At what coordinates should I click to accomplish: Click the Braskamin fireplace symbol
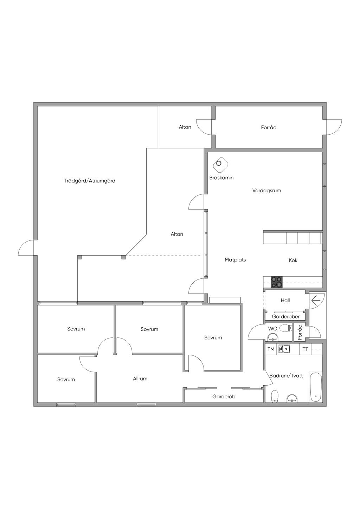(x=220, y=164)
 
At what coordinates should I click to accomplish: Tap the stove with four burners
(x=276, y=282)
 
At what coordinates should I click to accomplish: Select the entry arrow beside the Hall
(x=315, y=301)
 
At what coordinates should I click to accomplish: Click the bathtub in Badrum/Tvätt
(x=315, y=387)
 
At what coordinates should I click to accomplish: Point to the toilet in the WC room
(x=286, y=328)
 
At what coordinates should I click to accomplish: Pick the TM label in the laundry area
(x=271, y=349)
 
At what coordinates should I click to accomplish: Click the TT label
(x=305, y=349)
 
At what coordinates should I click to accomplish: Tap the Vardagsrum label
(x=266, y=191)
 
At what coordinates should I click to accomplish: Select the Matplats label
(x=235, y=260)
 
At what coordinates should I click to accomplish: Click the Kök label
(x=293, y=260)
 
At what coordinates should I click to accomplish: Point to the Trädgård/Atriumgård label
(x=90, y=181)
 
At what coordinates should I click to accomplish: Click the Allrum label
(x=140, y=379)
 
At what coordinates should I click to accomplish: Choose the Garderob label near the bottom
(x=224, y=397)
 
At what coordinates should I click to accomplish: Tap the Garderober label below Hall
(x=285, y=316)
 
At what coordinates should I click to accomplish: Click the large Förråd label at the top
(x=269, y=127)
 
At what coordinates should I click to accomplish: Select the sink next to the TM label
(x=284, y=349)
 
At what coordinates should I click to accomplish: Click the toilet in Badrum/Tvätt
(x=275, y=396)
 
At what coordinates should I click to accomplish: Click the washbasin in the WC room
(x=272, y=338)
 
